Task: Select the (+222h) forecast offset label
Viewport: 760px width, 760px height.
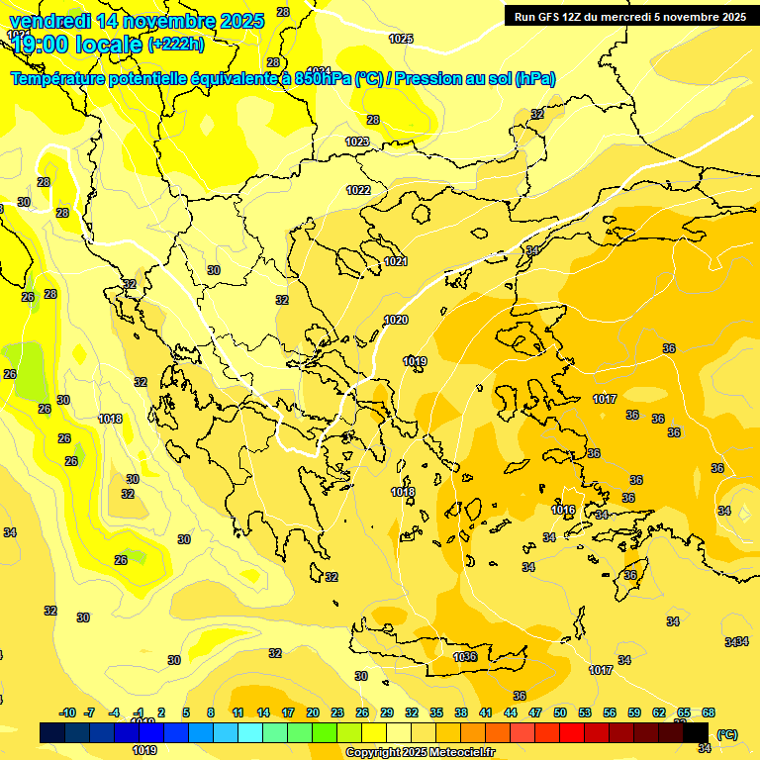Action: (x=175, y=44)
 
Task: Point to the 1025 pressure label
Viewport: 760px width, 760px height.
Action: (x=401, y=39)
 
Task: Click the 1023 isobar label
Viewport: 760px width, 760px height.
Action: (x=357, y=142)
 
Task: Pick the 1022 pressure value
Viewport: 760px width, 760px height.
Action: (x=358, y=190)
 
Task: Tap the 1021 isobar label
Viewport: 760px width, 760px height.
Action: (x=396, y=261)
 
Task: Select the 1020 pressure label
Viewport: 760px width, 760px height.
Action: (x=396, y=320)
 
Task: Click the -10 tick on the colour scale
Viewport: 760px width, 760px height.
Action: (x=68, y=712)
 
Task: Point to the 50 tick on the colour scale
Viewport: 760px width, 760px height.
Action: (x=560, y=712)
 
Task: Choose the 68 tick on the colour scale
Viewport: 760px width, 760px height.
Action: (x=709, y=712)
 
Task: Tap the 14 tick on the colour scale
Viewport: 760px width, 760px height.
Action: (x=263, y=712)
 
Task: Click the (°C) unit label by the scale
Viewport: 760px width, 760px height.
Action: (x=727, y=733)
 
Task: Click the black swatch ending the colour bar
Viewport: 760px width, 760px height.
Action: (x=696, y=732)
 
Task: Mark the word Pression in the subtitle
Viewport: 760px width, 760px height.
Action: (x=427, y=79)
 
